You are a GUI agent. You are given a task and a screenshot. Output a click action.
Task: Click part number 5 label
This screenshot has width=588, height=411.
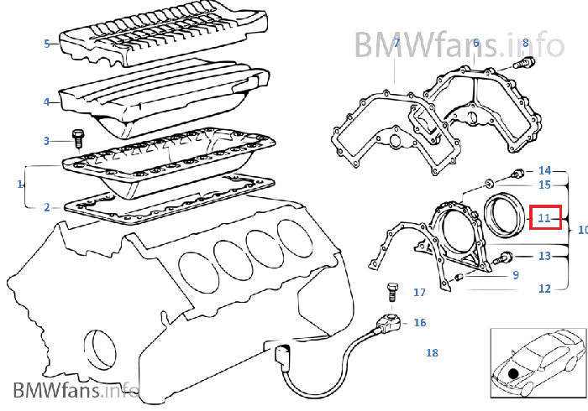pyautogui.click(x=47, y=42)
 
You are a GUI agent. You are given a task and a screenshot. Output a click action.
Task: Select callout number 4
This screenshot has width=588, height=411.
pyautogui.click(x=47, y=101)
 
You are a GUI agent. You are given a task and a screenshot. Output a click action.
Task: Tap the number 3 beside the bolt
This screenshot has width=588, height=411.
pyautogui.click(x=47, y=141)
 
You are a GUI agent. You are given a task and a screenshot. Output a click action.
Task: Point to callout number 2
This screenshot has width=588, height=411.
pyautogui.click(x=47, y=205)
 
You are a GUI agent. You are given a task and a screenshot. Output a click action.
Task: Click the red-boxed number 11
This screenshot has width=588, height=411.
pyautogui.click(x=545, y=218)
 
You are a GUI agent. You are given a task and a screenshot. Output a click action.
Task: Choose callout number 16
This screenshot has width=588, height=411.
pyautogui.click(x=420, y=323)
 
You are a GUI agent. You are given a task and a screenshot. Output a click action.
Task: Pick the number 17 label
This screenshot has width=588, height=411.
pyautogui.click(x=419, y=293)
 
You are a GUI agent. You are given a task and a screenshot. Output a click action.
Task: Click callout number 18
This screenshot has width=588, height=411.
pyautogui.click(x=432, y=353)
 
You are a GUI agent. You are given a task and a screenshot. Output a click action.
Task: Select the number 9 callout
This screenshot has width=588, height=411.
pyautogui.click(x=516, y=274)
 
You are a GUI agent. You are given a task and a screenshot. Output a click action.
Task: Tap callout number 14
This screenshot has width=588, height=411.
pyautogui.click(x=544, y=170)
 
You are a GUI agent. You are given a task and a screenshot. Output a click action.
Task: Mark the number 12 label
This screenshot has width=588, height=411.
pyautogui.click(x=544, y=289)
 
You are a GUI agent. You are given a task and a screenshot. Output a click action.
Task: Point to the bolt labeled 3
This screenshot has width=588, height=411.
pyautogui.click(x=79, y=137)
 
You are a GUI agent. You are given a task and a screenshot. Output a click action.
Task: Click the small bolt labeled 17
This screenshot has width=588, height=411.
pyautogui.click(x=391, y=293)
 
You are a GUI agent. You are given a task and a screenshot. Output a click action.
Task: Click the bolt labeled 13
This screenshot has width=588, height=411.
pyautogui.click(x=507, y=257)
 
